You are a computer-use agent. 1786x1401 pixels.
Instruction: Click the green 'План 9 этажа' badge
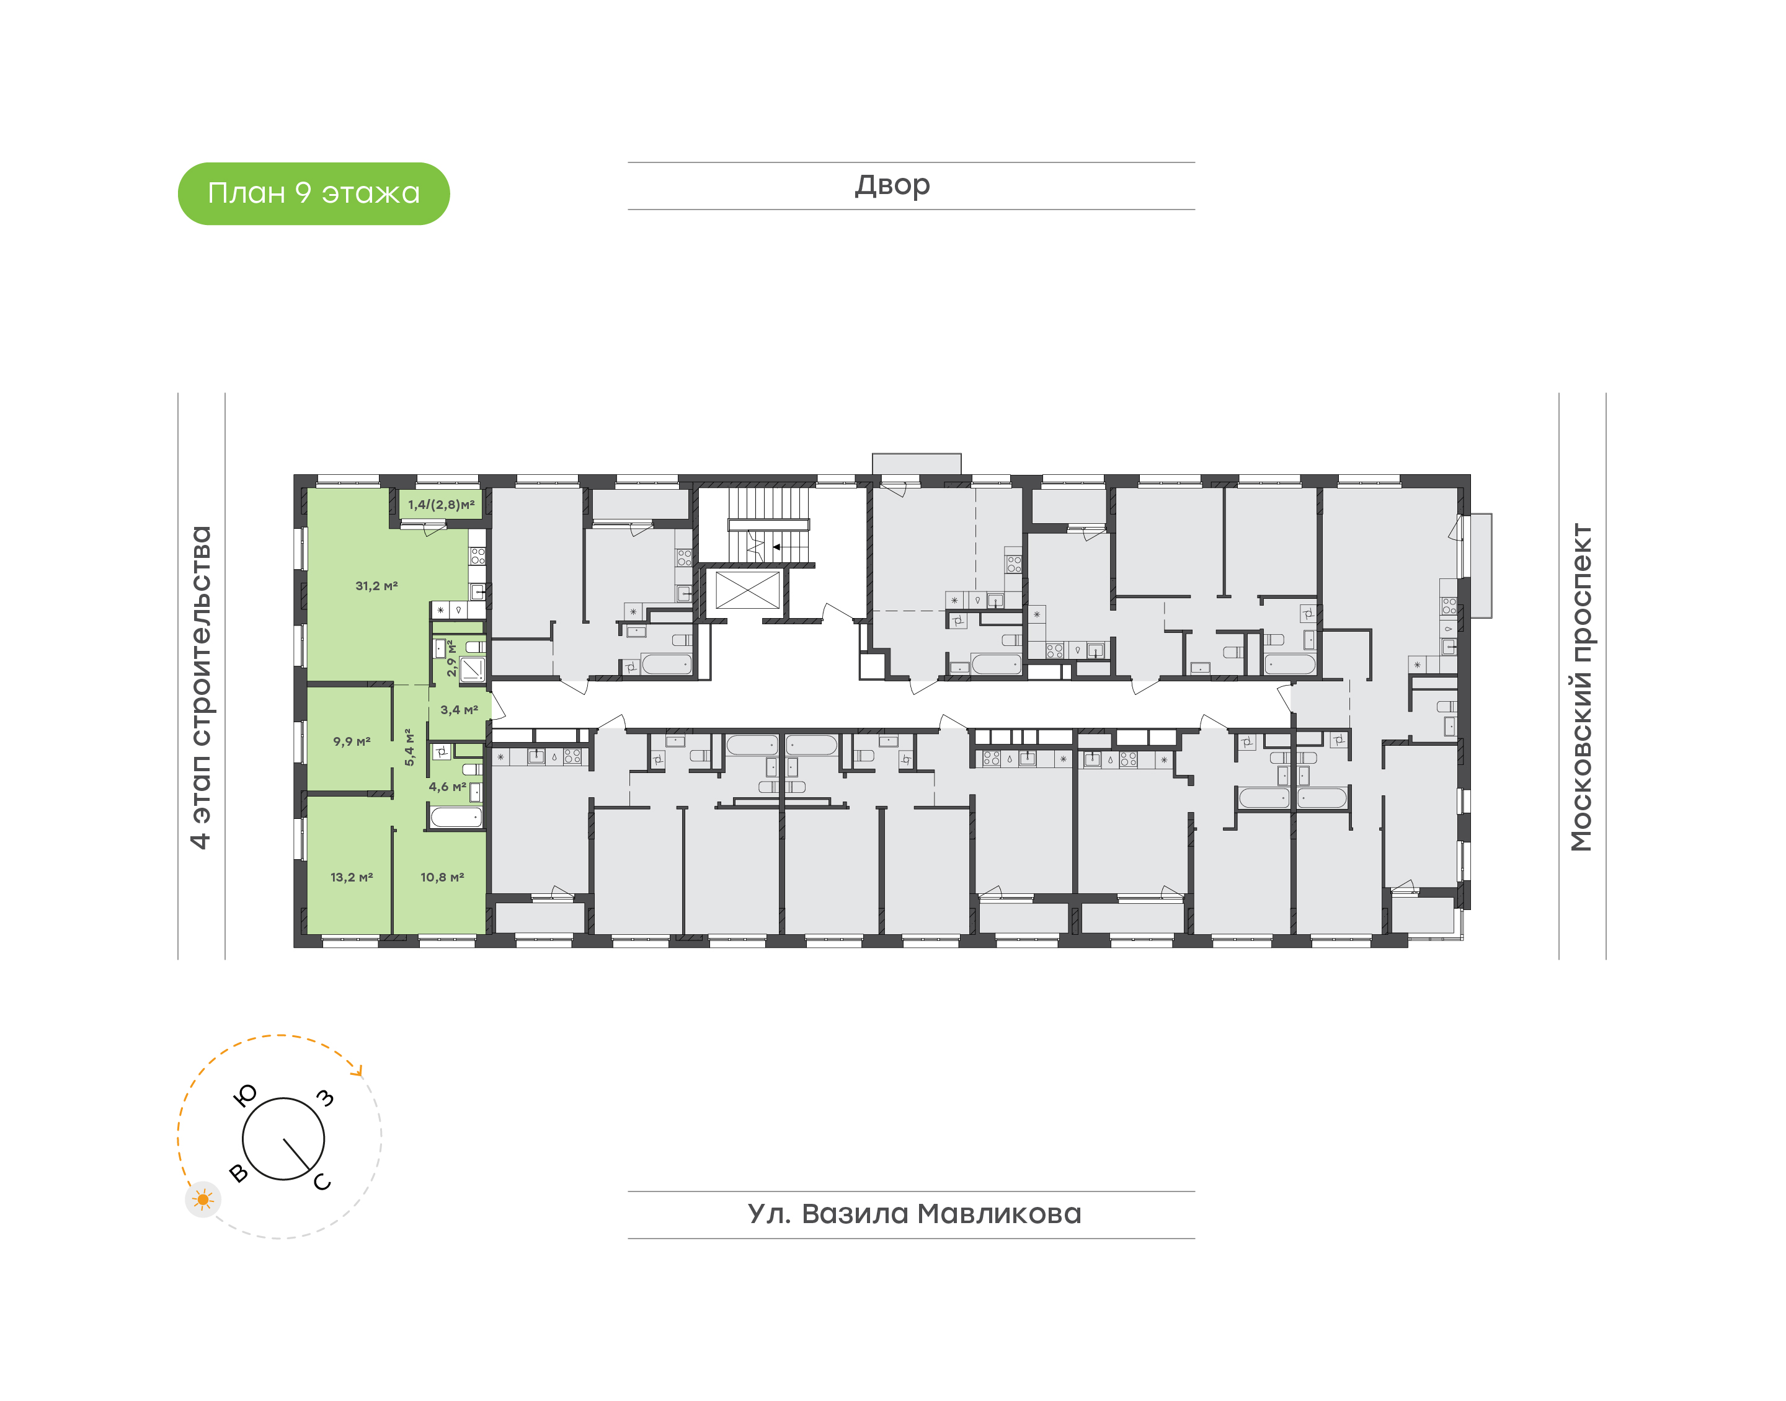313,193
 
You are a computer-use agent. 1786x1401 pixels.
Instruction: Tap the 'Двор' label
892,185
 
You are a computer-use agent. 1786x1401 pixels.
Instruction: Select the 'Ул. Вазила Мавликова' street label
914,1214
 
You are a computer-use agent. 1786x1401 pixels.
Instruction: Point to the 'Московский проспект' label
1581,687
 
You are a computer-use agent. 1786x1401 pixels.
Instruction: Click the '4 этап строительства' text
200,687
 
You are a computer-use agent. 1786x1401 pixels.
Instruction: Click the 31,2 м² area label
376,586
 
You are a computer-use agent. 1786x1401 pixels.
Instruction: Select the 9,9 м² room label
351,741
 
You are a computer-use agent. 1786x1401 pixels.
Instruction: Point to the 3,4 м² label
459,710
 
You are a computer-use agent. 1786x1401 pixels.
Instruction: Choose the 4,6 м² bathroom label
447,787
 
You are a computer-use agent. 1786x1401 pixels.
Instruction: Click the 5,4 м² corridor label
409,747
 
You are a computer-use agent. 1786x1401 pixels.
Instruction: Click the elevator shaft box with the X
747,590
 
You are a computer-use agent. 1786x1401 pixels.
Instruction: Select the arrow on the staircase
789,546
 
